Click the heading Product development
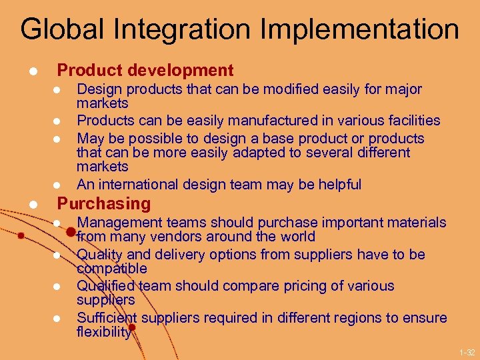(145, 71)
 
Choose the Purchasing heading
(104, 203)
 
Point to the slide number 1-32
(467, 352)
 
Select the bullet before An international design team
(57, 185)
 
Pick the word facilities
(407, 121)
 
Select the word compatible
(112, 269)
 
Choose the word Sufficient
(106, 318)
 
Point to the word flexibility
(103, 331)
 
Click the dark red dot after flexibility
(133, 328)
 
